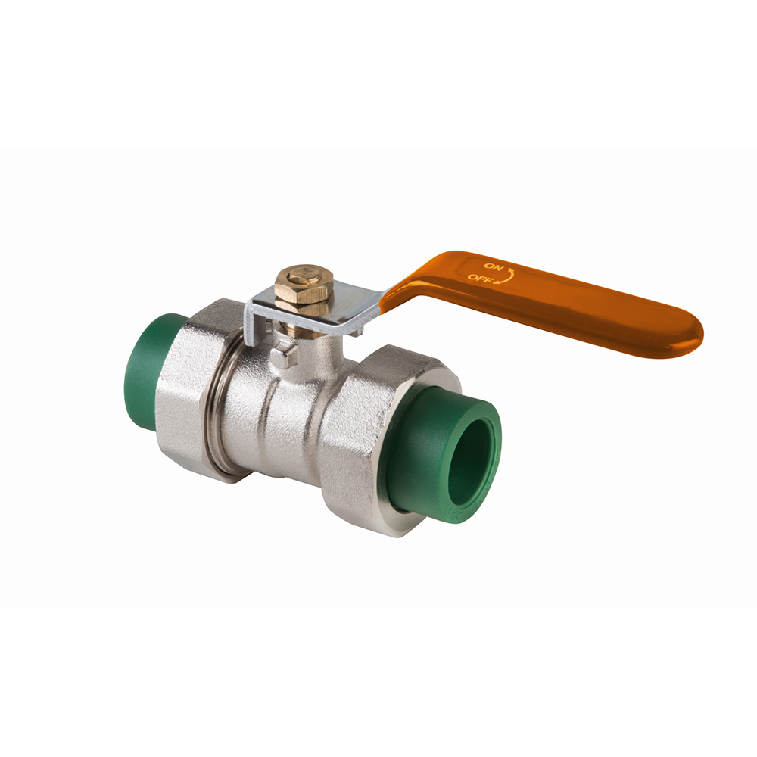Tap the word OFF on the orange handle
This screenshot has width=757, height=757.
click(478, 278)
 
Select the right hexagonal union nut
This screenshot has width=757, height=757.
click(356, 439)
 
